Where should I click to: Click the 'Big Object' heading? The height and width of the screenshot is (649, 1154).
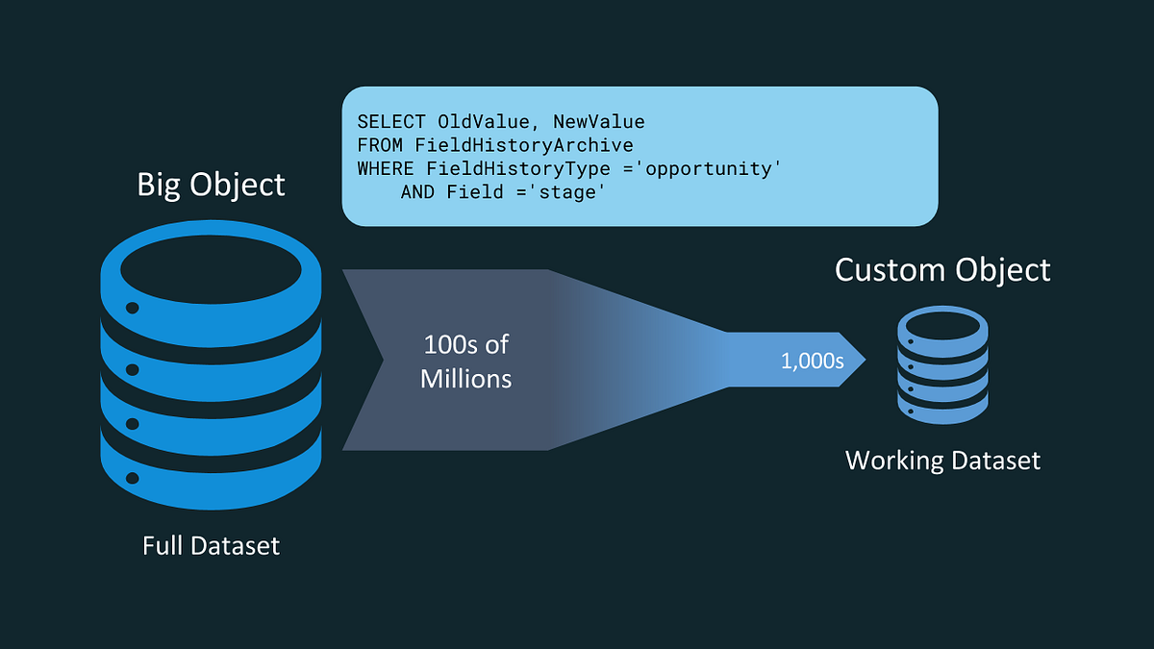point(211,184)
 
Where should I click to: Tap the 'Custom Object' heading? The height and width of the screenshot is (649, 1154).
point(942,269)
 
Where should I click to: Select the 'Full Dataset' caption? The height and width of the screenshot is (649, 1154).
point(211,546)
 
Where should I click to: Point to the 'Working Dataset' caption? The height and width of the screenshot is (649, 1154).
point(942,461)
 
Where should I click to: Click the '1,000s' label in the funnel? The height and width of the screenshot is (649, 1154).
point(812,362)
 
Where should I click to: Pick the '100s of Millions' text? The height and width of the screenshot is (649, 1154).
point(466,362)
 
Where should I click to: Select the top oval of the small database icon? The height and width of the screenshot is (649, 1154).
point(942,327)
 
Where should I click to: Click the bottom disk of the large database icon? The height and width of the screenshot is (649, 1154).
point(210,471)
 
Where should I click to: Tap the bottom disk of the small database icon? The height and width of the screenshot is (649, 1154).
point(942,409)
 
